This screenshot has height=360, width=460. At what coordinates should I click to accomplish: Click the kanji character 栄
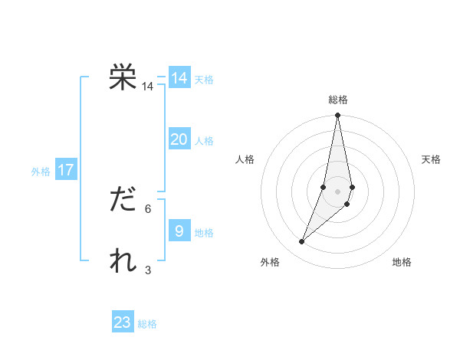(x=123, y=78)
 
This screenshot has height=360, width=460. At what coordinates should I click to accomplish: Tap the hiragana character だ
(x=123, y=201)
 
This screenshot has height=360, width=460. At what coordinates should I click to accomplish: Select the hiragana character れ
(x=123, y=261)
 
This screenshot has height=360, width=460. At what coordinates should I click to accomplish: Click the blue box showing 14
(x=179, y=78)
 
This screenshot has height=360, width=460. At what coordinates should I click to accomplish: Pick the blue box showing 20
(x=179, y=139)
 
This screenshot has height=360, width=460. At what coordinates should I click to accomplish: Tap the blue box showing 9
(x=179, y=231)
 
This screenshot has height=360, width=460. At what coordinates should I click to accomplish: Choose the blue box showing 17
(x=66, y=170)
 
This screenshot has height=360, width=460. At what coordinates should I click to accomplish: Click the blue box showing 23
(x=123, y=322)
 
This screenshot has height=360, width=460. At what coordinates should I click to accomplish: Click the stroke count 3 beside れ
(x=148, y=270)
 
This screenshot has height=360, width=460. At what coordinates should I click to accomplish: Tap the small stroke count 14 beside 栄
(x=148, y=87)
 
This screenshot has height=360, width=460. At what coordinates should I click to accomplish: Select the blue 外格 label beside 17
(x=41, y=172)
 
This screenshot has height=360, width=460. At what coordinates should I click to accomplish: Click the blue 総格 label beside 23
(x=147, y=324)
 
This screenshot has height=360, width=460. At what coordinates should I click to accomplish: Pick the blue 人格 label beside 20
(x=204, y=141)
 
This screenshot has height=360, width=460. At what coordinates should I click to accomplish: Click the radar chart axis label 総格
(x=338, y=100)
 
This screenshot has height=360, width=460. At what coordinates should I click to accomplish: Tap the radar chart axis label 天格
(x=431, y=159)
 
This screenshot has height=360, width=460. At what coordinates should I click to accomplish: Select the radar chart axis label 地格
(x=402, y=263)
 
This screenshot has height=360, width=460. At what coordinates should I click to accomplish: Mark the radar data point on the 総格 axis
(x=338, y=115)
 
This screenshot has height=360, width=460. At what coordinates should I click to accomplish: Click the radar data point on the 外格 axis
(x=302, y=241)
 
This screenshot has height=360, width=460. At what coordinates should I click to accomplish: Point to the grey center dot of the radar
(x=338, y=191)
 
